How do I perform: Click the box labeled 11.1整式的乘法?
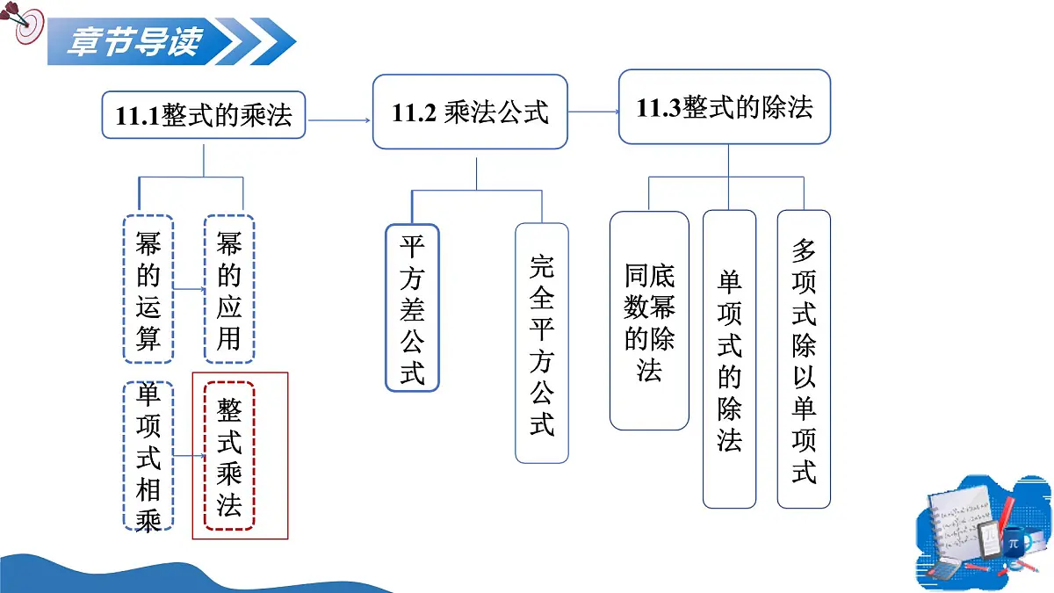click(x=203, y=115)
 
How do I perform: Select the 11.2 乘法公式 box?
click(x=470, y=112)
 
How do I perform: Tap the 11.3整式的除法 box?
click(x=725, y=107)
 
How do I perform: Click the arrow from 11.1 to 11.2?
click(x=339, y=120)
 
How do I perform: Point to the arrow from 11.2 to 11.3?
click(x=594, y=112)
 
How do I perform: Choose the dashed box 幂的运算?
click(x=148, y=289)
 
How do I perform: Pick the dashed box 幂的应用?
click(x=229, y=289)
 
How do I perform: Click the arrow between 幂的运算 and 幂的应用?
click(x=189, y=289)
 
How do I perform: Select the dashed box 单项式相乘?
click(x=148, y=456)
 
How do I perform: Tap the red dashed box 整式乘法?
click(x=229, y=456)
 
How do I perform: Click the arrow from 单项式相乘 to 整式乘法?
click(x=189, y=456)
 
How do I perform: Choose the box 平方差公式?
click(x=412, y=307)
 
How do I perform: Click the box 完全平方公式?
click(x=542, y=344)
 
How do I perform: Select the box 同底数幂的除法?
click(x=649, y=321)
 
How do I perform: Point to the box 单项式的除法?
click(x=729, y=359)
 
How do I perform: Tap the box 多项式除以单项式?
click(x=804, y=359)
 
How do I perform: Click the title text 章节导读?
click(x=135, y=41)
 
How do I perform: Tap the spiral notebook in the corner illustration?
click(x=960, y=523)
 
